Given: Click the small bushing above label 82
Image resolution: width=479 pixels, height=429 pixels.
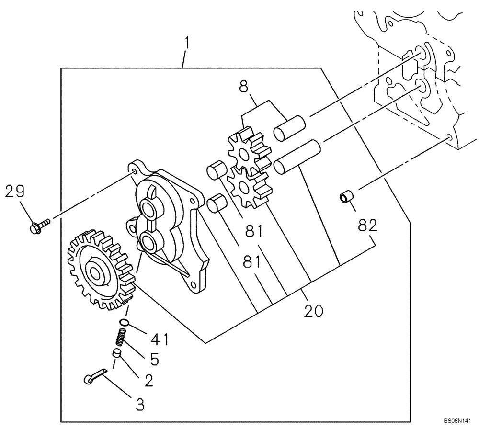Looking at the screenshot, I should (x=346, y=196).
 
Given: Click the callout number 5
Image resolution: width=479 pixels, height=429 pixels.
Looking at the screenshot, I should (x=154, y=359).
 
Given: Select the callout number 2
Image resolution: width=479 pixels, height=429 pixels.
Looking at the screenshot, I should (x=149, y=381).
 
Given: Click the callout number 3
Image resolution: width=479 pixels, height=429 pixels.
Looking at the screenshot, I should (x=140, y=405).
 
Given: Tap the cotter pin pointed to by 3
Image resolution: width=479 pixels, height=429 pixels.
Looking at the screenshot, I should (x=93, y=376).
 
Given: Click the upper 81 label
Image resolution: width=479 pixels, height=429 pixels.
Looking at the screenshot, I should (x=254, y=232).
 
